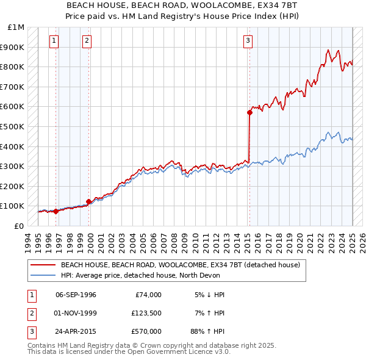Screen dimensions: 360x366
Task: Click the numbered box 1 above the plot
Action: click(54, 41)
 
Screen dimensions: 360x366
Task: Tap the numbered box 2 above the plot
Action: click(87, 41)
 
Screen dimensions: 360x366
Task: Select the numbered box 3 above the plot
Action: click(248, 41)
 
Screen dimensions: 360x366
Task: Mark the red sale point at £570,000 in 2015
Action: click(249, 112)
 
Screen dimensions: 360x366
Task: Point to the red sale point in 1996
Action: click(56, 211)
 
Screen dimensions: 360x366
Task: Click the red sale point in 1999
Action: click(88, 201)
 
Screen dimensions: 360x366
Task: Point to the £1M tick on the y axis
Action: click(16, 27)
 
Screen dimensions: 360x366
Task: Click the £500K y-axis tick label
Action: click(13, 126)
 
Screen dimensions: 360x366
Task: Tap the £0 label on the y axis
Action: click(19, 226)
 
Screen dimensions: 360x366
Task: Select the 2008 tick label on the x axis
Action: click(176, 241)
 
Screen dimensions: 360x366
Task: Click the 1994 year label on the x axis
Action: click(28, 241)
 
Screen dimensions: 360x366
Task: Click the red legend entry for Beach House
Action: click(180, 265)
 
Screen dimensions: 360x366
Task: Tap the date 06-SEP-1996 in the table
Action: click(76, 295)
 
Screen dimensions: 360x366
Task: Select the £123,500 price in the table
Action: click(146, 314)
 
